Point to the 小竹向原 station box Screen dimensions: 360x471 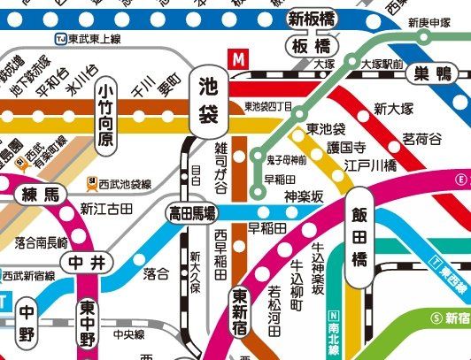(106, 116)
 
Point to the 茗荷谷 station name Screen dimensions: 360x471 (421, 139)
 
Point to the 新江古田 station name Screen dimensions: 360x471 (106, 209)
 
